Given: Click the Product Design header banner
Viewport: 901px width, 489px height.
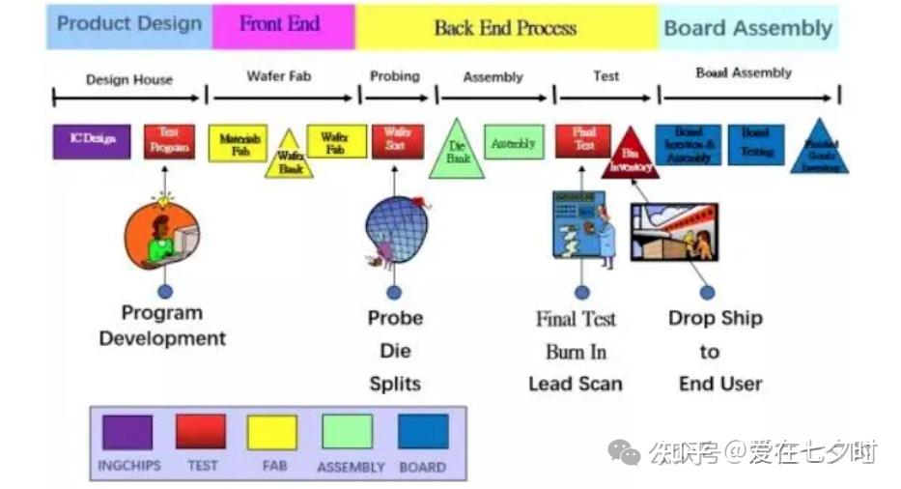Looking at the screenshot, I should tap(128, 25).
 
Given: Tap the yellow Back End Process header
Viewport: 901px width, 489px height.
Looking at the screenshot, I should tap(505, 27).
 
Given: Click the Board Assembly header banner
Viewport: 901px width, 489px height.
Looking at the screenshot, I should tap(747, 27).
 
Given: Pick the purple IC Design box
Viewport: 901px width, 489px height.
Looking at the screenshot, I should tap(92, 141).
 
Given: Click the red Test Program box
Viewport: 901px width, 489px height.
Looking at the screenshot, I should tap(169, 141).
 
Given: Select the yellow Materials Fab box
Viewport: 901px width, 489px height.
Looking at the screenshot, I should tap(238, 144).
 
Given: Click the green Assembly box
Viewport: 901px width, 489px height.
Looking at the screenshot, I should tap(512, 143).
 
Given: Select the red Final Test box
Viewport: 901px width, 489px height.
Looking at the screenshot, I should tap(583, 140).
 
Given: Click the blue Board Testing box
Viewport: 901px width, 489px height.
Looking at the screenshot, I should tap(755, 143).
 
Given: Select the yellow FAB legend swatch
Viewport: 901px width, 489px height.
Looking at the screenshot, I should tap(272, 432).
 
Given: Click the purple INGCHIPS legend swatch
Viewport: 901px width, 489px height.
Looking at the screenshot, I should tap(127, 432).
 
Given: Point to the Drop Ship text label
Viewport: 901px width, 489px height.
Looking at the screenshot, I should tap(715, 318).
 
